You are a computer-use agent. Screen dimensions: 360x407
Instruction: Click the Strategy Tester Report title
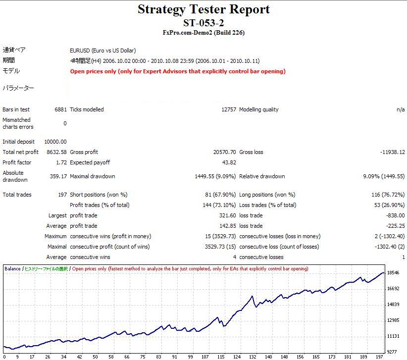[x=203, y=9]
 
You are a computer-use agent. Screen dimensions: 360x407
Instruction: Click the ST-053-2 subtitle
[x=203, y=22]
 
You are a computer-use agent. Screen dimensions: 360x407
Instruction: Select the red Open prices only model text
[x=178, y=71]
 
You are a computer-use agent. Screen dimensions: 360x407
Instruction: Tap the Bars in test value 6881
[x=60, y=109]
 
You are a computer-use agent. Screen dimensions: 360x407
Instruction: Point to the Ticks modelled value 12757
[x=229, y=109]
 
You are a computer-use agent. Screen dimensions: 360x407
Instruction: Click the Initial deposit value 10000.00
[x=55, y=142]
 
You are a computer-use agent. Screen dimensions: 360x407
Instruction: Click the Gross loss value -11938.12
[x=391, y=152]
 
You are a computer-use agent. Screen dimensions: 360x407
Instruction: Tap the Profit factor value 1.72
[x=60, y=162]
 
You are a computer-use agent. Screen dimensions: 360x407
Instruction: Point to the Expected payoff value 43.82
[x=229, y=162]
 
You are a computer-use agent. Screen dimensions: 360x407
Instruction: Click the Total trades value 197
[x=62, y=195]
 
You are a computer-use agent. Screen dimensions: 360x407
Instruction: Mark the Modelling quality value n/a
[x=401, y=109]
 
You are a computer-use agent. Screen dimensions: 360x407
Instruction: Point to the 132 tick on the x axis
[x=252, y=357]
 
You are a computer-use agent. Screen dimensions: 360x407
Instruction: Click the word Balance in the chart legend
[x=12, y=269]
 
